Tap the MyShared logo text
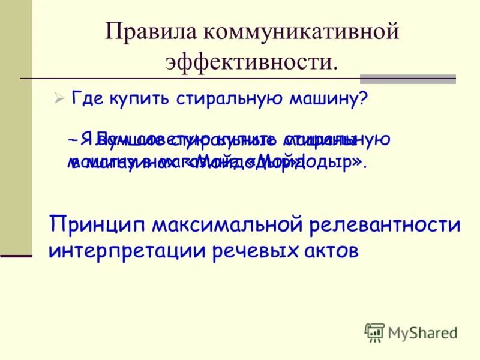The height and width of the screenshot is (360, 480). (422, 332)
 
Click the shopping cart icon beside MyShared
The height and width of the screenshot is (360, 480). (374, 332)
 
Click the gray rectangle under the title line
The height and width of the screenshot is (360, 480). (407, 79)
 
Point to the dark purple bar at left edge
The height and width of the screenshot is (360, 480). (16, 256)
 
